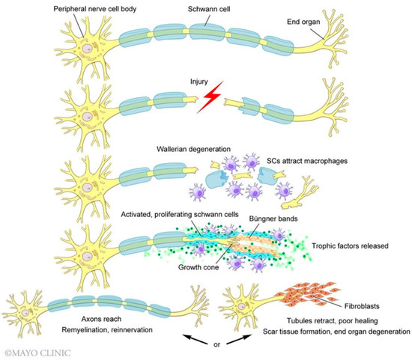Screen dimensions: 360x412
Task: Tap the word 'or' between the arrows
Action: click(207, 347)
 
